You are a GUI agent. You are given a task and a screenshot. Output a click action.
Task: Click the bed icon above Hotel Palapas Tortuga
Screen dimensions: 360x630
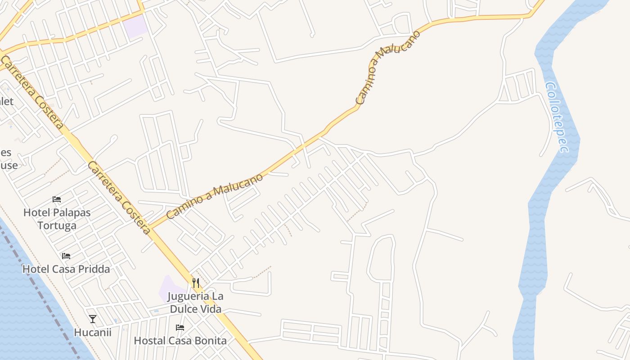[57, 199]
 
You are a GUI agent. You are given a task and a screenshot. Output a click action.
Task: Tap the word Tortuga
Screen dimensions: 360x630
[57, 225]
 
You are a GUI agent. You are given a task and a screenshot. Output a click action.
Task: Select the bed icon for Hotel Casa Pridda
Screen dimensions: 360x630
[66, 256]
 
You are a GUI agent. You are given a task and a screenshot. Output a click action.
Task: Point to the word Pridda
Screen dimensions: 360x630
[94, 269]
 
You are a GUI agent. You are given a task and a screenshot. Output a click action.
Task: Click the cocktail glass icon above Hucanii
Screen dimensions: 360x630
[93, 319]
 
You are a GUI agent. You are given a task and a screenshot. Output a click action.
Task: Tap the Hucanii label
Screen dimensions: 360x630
[93, 333]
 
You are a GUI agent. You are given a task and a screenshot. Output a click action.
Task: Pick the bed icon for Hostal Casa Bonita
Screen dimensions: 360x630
[180, 327]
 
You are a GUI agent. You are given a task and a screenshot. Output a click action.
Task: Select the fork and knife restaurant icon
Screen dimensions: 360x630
[195, 283]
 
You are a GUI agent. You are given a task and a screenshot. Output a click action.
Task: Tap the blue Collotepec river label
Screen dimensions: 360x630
[557, 117]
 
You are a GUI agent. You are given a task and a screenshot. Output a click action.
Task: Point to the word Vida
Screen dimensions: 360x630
[212, 309]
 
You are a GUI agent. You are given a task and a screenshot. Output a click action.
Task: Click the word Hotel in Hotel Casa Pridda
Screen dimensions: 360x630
[35, 269]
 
